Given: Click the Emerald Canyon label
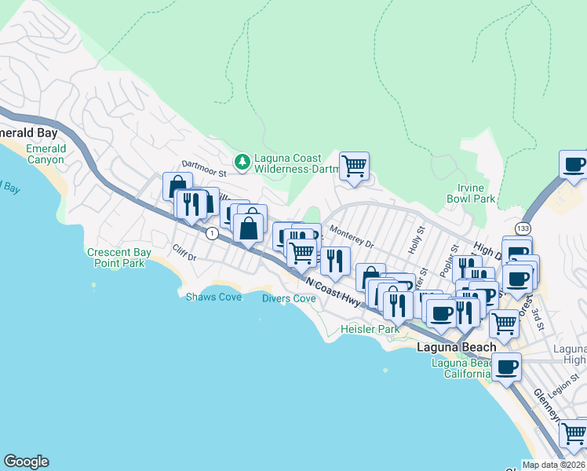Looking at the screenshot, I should tap(45, 154).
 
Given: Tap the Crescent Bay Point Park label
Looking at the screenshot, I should tap(116, 257).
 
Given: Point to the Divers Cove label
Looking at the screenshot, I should tap(289, 298).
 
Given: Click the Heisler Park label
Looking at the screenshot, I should tap(370, 329).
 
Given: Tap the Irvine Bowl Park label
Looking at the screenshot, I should tap(476, 193).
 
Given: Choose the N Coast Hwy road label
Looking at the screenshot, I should tap(334, 291).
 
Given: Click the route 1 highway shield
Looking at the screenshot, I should tap(211, 233).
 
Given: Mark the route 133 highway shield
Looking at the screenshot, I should tap(523, 227).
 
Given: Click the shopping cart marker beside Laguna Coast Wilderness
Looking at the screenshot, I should tap(355, 166).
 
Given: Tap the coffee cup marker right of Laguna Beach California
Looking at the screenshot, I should tap(508, 366).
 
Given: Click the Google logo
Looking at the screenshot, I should tap(26, 462).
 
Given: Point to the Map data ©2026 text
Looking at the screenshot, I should tap(554, 465).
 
